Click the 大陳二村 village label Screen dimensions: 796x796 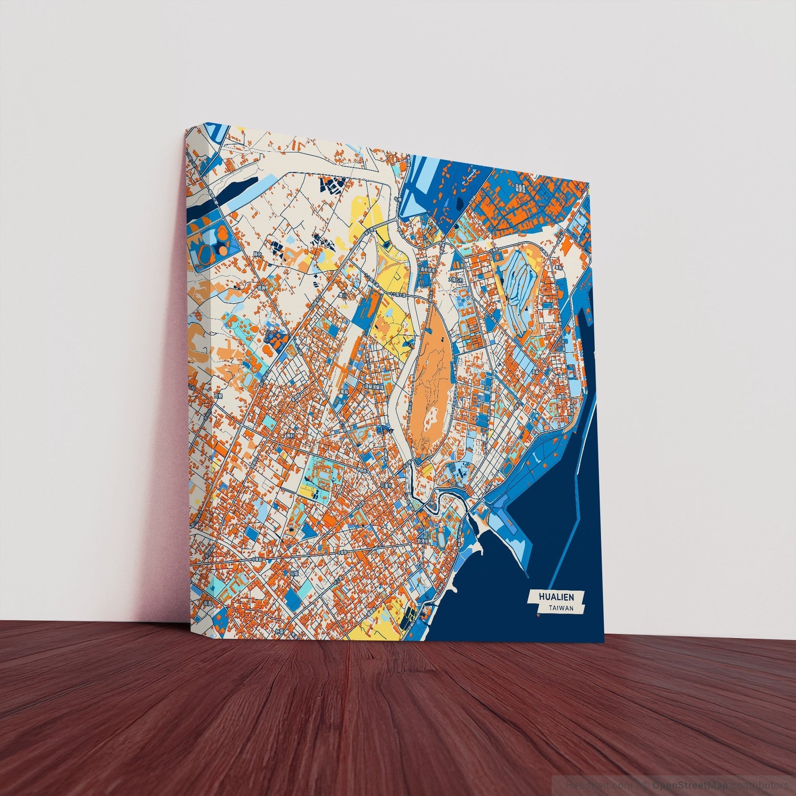coord(456,280)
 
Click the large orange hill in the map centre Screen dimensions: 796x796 coord(429,379)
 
